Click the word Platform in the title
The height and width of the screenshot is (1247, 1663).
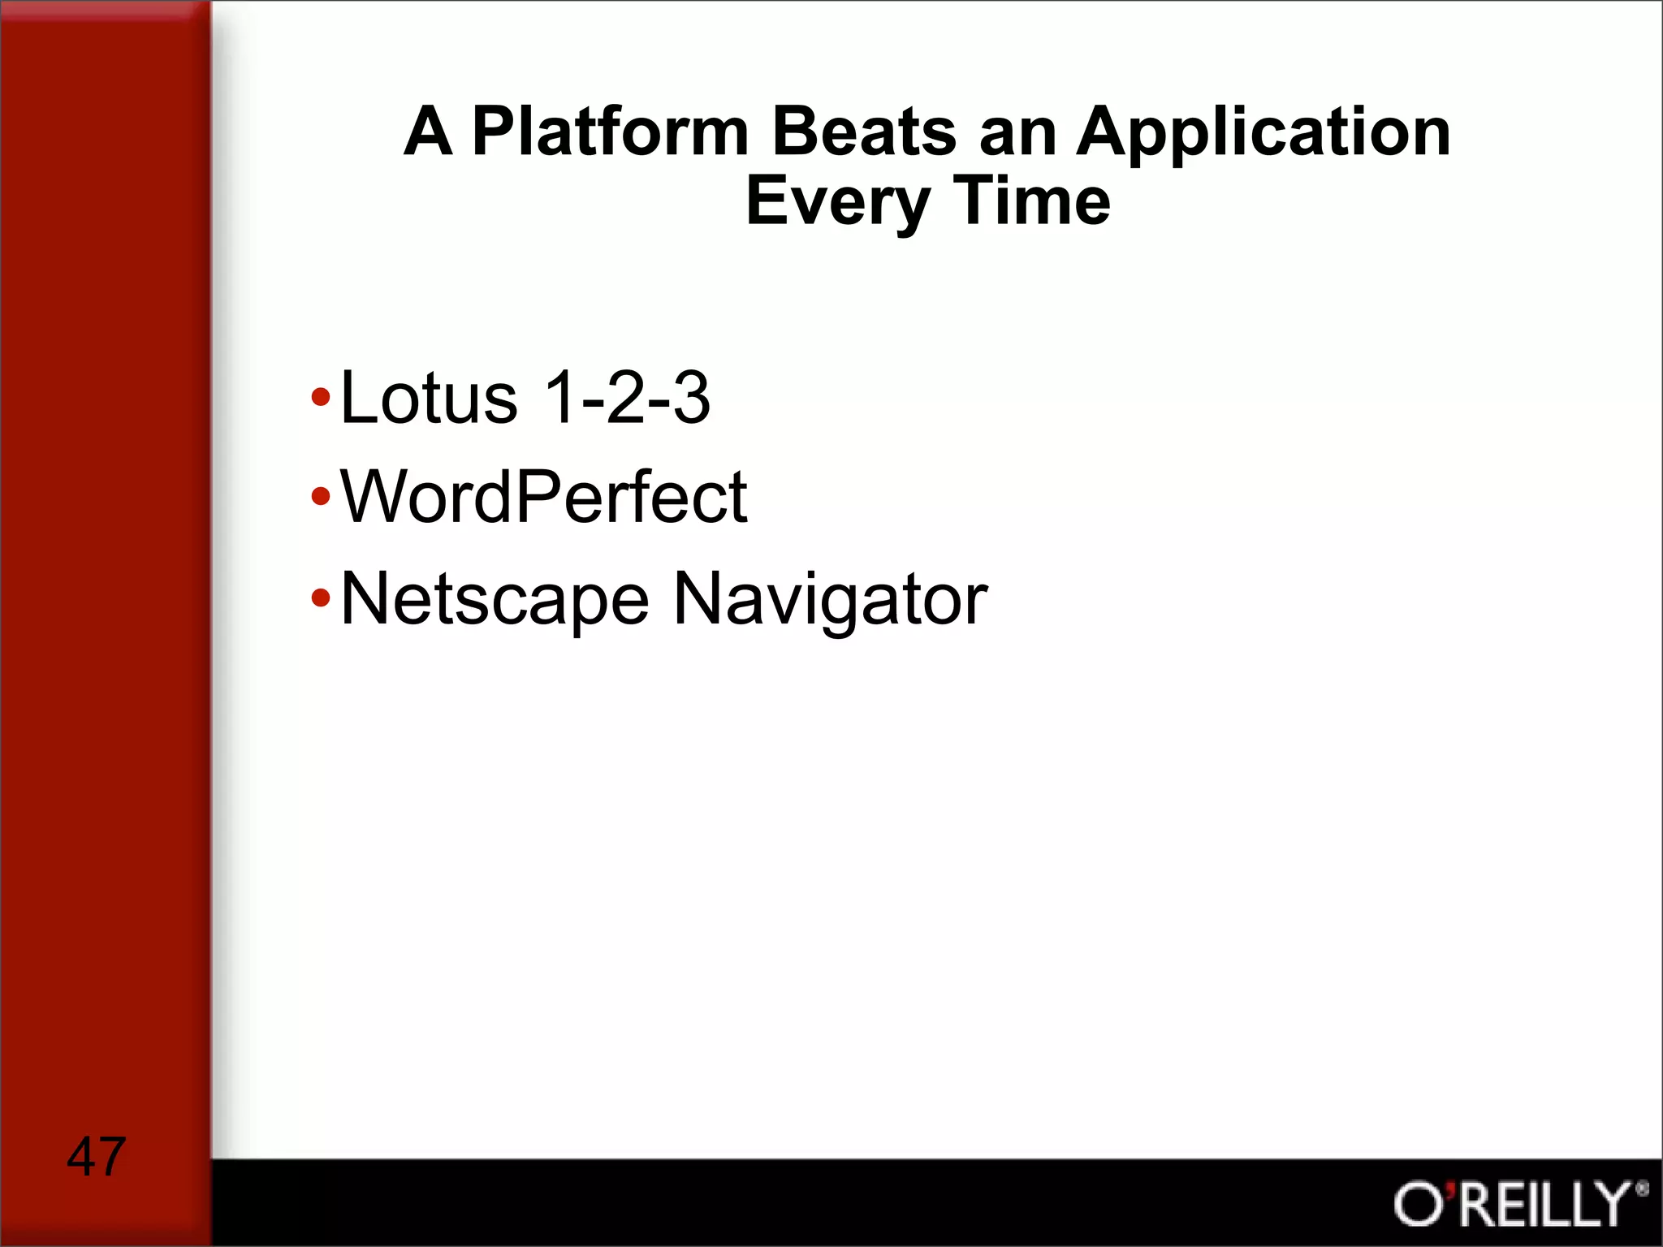pos(609,132)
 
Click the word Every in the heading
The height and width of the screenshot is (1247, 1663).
pos(837,203)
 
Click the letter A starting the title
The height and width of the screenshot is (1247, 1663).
pos(428,132)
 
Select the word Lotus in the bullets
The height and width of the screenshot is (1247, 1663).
pos(429,398)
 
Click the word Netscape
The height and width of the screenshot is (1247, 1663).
pos(495,601)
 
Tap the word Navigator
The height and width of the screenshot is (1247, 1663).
pos(830,601)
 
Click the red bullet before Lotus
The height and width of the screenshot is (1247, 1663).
pos(321,398)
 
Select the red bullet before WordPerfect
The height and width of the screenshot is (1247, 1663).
pos(321,496)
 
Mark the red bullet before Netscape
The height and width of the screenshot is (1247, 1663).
pos(321,599)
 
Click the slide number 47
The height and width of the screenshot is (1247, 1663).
pos(96,1156)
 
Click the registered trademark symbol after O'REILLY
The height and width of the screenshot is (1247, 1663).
pos(1642,1190)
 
